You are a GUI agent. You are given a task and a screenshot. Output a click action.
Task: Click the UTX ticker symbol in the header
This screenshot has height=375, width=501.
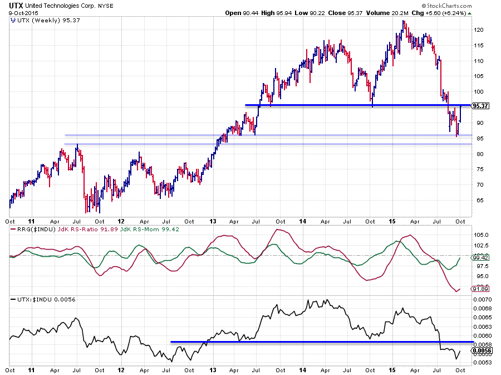[16, 4]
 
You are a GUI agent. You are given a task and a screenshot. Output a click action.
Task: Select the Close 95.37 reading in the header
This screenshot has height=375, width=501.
[341, 12]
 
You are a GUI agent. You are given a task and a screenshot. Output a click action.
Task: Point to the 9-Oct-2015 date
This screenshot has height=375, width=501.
[19, 12]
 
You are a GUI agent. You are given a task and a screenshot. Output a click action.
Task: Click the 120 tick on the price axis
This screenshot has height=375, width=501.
[478, 30]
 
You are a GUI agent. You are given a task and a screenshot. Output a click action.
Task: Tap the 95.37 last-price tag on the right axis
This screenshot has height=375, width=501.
[480, 106]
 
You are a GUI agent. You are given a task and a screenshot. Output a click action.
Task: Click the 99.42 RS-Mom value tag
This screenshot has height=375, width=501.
[480, 258]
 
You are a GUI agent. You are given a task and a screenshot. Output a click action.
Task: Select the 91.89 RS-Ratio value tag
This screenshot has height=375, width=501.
[480, 289]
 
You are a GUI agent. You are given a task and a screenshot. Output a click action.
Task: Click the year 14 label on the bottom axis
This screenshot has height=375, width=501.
[304, 370]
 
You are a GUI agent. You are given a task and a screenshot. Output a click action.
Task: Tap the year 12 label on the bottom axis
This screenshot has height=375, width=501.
[121, 370]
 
